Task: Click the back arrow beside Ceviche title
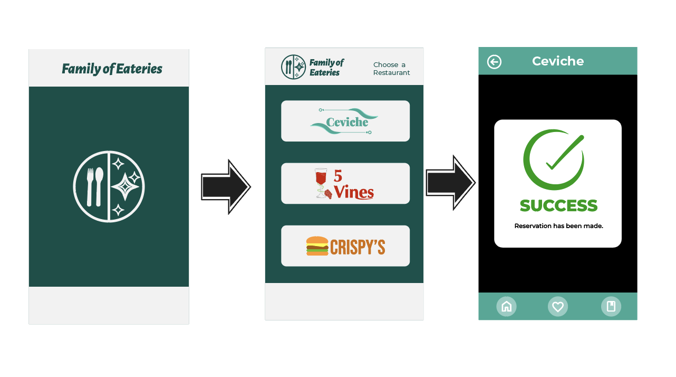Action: point(494,62)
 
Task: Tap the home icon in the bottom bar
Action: point(506,306)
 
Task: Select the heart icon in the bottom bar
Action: point(557,306)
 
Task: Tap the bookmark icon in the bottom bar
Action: point(611,306)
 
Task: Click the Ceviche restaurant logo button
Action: point(345,121)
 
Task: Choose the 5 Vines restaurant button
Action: point(345,183)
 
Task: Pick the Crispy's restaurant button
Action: point(345,246)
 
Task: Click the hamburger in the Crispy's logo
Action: point(317,246)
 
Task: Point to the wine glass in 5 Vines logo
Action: point(320,183)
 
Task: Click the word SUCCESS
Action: point(558,205)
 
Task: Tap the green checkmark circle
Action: point(554,159)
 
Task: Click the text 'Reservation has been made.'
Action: point(558,226)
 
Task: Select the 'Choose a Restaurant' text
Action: point(391,69)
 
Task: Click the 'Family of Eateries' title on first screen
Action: point(112,69)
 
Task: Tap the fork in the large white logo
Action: point(90,186)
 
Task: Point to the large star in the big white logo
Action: point(125,186)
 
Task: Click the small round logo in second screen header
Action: point(293,67)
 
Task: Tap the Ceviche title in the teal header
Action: point(558,61)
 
